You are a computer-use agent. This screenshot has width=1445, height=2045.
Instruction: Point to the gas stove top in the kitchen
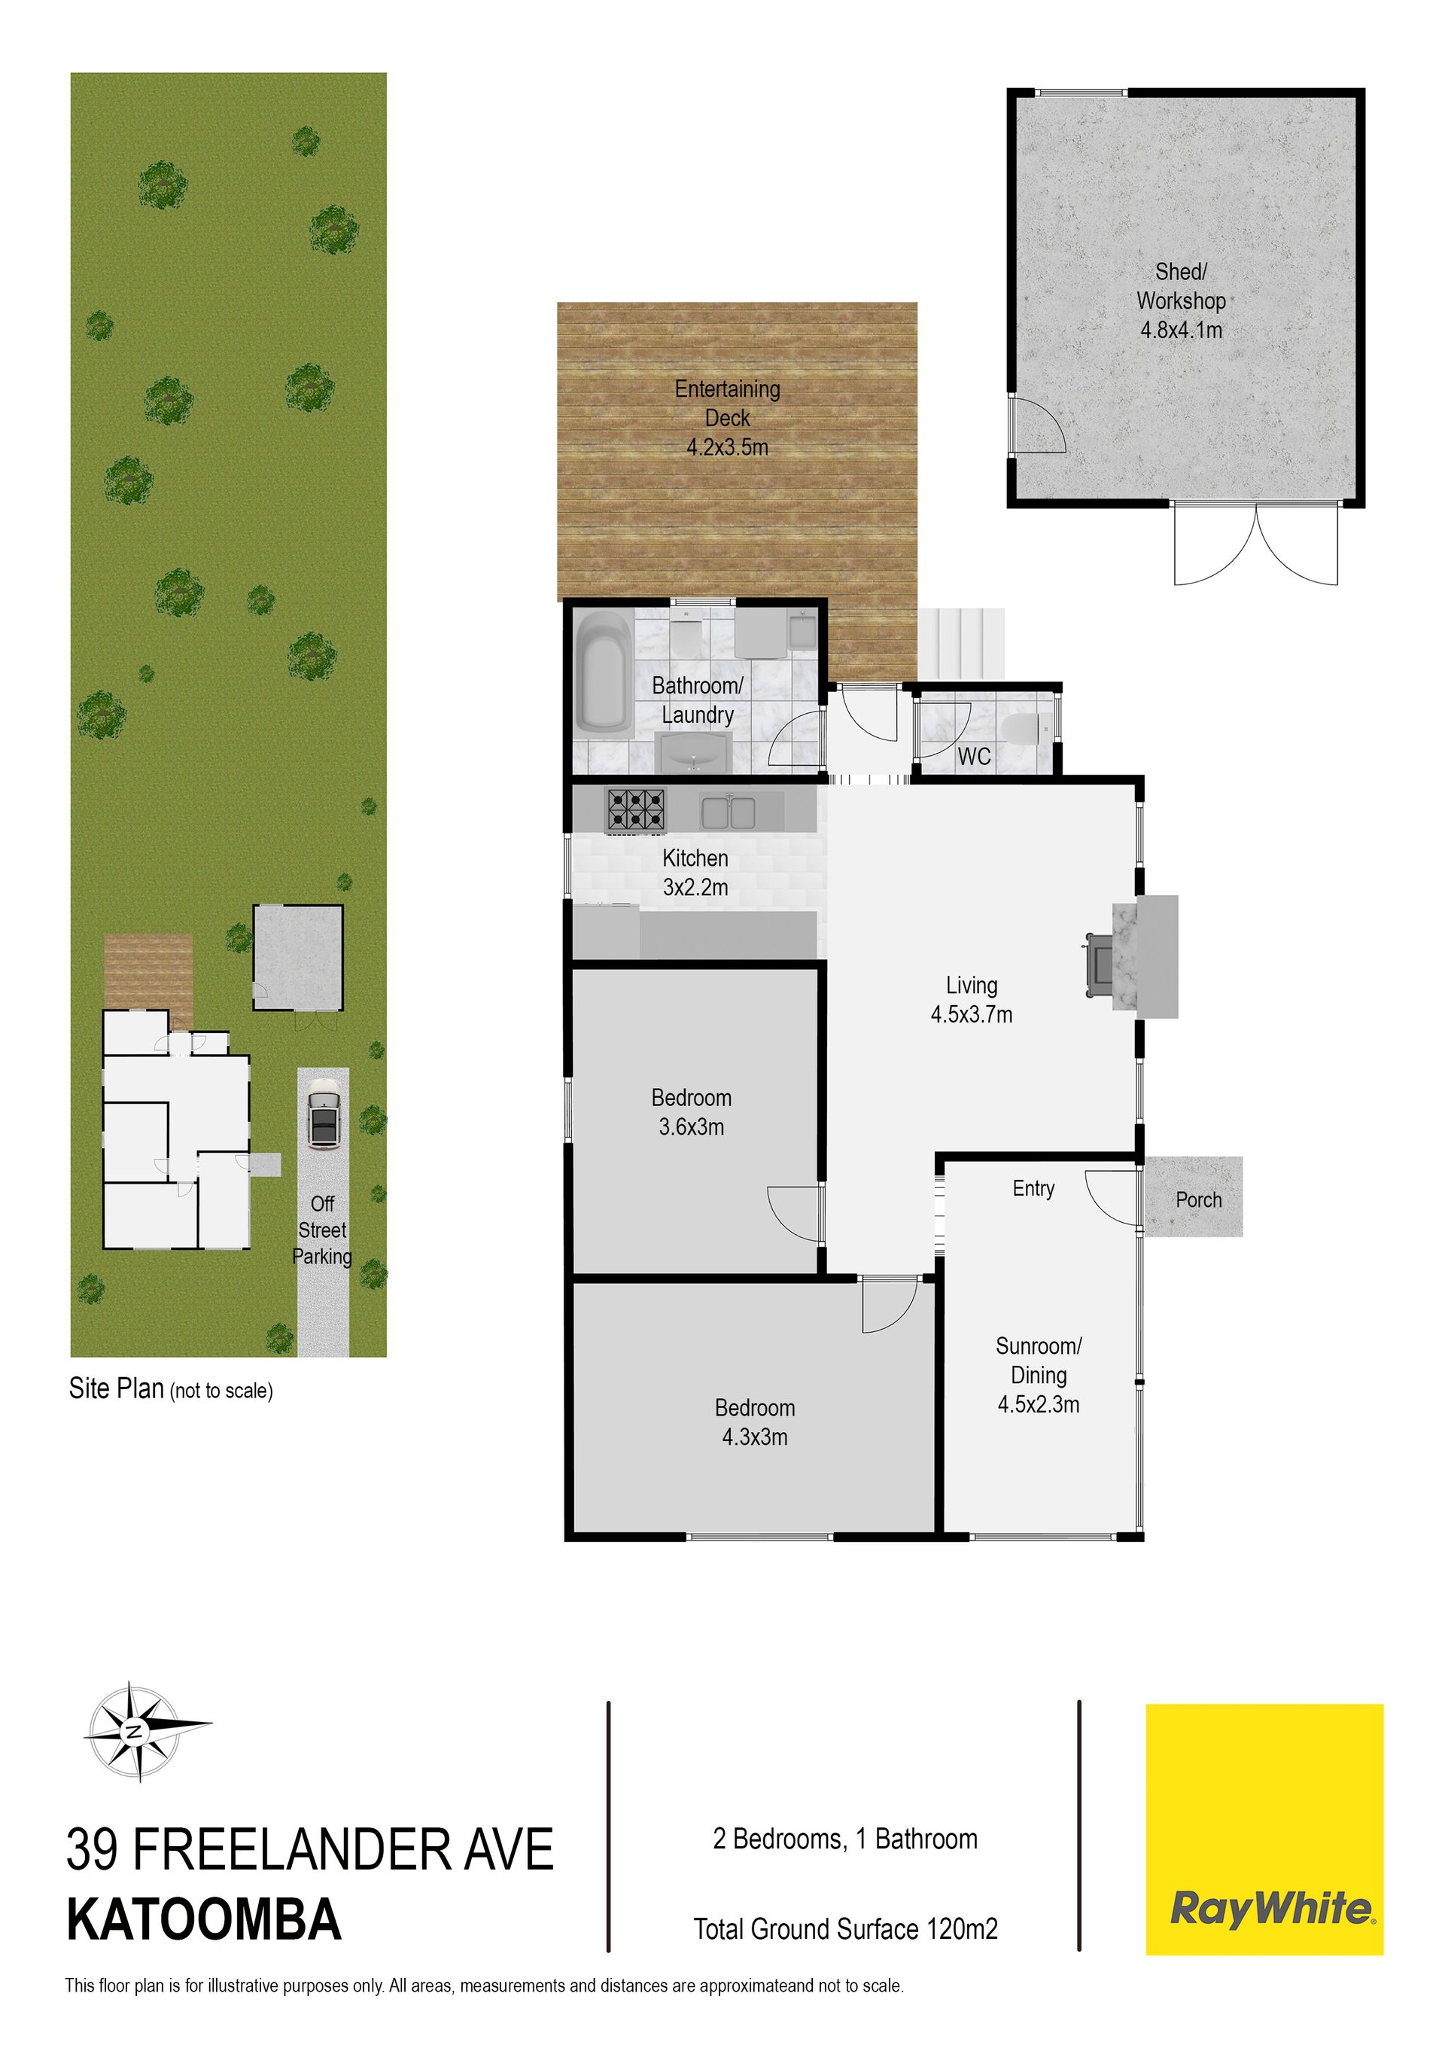637,810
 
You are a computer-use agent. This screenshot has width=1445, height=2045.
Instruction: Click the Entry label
1033,1188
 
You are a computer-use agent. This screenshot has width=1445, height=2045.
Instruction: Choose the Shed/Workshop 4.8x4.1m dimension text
1182,331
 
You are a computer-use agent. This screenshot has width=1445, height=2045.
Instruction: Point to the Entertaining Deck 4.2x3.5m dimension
728,447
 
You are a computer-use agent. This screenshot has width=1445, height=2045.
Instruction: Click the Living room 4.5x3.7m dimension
972,1014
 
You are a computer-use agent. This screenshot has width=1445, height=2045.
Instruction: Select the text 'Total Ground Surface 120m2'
846,1929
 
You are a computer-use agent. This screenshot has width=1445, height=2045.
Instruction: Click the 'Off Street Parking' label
322,1230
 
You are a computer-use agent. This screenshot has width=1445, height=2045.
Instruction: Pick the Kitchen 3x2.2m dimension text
695,887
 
